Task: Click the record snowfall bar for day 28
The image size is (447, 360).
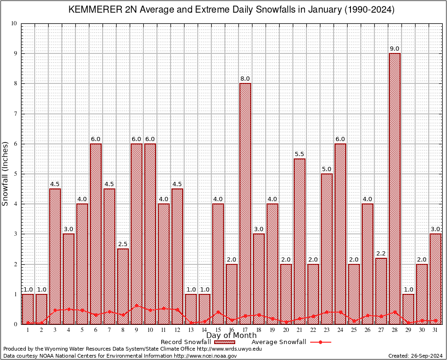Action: (x=395, y=187)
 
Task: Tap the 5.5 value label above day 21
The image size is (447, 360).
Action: (x=299, y=154)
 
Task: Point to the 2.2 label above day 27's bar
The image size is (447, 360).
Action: (x=381, y=253)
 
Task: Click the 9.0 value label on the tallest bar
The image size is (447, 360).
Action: (x=395, y=48)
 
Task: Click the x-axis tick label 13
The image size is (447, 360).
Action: (x=191, y=330)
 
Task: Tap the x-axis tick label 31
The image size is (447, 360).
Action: (x=435, y=330)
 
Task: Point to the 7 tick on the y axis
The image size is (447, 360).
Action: (x=15, y=114)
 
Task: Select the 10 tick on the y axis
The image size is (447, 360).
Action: (x=14, y=23)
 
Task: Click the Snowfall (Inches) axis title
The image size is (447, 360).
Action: (x=6, y=173)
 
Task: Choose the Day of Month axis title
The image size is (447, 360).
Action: (x=231, y=336)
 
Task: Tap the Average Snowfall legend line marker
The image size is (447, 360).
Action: (x=320, y=342)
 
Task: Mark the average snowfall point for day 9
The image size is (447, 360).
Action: (x=136, y=306)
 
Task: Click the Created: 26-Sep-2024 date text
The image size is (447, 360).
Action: (x=416, y=356)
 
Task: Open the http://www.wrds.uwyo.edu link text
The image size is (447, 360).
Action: (x=229, y=349)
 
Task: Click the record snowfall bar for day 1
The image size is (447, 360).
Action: (x=28, y=309)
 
